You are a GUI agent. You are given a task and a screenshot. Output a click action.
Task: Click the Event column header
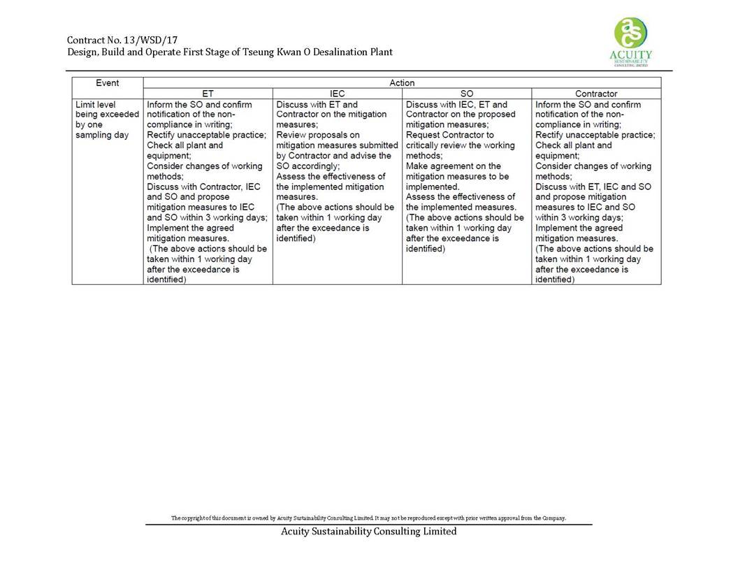point(108,83)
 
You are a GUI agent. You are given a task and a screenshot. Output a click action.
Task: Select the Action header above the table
point(402,83)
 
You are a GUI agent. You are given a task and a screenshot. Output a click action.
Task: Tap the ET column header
point(208,94)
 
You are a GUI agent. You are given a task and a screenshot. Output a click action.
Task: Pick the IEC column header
point(337,94)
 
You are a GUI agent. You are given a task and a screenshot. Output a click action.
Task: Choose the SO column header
point(467,94)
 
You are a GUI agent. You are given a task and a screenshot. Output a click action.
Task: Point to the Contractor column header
point(596,94)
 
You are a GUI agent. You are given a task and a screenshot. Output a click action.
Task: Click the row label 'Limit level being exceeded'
point(106,115)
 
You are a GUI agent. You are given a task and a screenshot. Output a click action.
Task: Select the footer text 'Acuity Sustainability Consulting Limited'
point(368,532)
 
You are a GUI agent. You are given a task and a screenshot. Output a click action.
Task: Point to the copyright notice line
point(368,518)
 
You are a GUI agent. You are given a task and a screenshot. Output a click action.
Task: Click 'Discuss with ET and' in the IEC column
point(317,105)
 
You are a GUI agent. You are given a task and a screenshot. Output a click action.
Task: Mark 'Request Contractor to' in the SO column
point(449,135)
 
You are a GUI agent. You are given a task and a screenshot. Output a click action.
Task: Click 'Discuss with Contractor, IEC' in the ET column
point(203,187)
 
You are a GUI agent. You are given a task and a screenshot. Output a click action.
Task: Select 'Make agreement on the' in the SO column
point(453,166)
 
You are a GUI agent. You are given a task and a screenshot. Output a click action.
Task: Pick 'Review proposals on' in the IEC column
point(317,135)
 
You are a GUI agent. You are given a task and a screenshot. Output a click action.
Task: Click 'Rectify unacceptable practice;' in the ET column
point(206,135)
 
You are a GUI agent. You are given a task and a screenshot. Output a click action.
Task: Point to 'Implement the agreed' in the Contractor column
point(579,228)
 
